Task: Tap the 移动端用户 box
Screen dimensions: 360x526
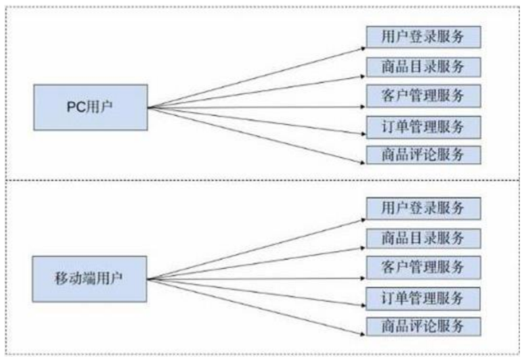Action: pos(90,279)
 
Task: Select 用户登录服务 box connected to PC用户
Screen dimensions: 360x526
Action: pos(423,36)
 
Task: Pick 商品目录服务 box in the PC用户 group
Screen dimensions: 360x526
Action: pos(423,66)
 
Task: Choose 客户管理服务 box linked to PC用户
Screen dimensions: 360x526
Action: pos(423,95)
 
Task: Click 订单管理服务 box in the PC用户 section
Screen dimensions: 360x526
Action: pos(423,125)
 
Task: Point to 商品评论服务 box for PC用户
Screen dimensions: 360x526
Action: pos(423,154)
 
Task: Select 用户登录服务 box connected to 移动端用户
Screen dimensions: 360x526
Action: pos(423,208)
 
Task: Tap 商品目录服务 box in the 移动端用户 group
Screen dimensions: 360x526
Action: pos(423,237)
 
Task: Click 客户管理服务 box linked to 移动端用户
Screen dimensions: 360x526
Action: pos(423,267)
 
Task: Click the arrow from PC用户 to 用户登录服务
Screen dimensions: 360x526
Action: pos(256,77)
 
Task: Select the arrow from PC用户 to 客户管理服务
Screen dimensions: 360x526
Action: pos(256,106)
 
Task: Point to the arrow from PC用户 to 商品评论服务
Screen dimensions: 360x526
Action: pos(256,131)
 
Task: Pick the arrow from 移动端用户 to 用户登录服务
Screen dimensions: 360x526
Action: pos(256,249)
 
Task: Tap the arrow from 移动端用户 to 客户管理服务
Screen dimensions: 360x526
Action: pos(256,279)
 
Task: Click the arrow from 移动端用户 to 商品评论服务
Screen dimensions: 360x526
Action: pos(256,303)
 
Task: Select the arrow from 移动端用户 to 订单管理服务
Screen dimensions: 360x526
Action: pos(256,292)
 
